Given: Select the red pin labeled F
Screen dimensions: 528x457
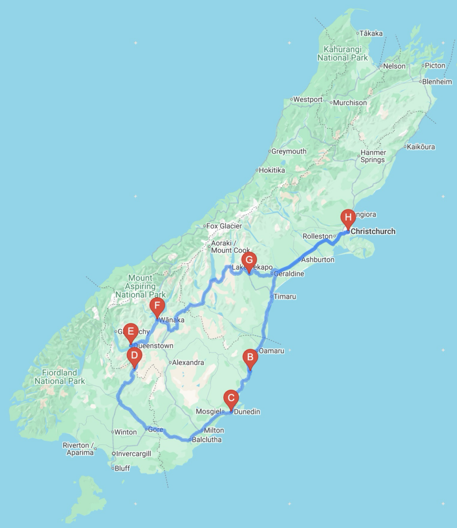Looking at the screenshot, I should pos(157,306).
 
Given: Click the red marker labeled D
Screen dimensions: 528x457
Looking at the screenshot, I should pos(134,356).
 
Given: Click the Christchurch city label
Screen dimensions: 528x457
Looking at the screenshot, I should pos(373,232).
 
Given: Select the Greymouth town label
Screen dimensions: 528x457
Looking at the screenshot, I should pos(289,152).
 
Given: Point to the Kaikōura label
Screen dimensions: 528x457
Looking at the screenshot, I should pos(420,147).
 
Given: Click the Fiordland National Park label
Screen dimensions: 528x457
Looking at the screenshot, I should pos(59,377).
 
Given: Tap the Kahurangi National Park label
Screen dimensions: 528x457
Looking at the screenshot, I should pos(342,54).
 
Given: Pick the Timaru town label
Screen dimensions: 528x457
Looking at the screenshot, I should pos(286,297).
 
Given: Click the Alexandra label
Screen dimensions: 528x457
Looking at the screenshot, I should pos(188,362).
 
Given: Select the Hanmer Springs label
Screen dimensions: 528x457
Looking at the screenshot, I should pos(373,156).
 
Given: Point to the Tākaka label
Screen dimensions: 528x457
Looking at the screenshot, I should pos(371,34).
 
